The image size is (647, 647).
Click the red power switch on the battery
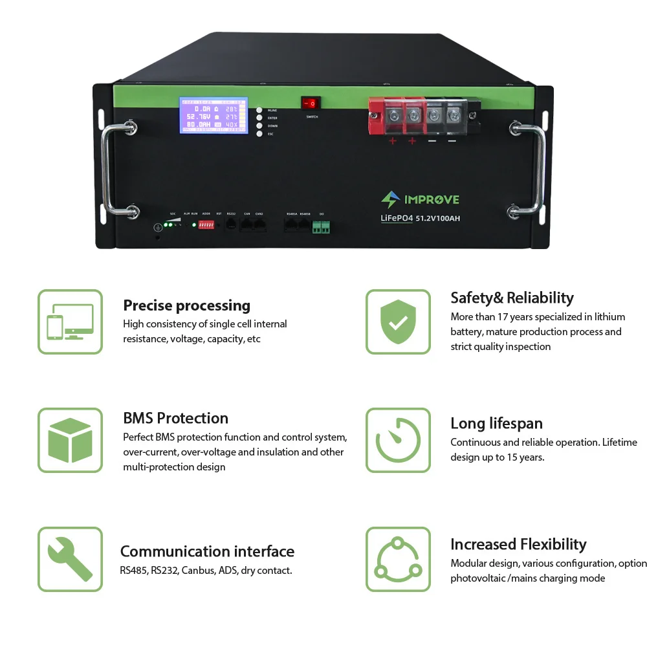click(x=311, y=104)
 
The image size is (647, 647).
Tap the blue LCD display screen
click(x=214, y=116)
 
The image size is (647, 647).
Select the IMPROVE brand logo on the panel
click(x=420, y=199)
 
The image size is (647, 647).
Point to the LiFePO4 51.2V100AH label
click(x=421, y=219)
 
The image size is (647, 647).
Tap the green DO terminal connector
click(x=322, y=226)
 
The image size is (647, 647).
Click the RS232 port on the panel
click(x=231, y=225)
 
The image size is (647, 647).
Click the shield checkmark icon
click(x=398, y=322)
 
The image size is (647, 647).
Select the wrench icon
click(x=70, y=559)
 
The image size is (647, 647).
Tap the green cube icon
click(x=70, y=440)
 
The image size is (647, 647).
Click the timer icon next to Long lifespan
click(x=398, y=440)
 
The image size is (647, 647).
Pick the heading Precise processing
click(x=186, y=305)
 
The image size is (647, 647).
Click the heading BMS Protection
click(x=175, y=418)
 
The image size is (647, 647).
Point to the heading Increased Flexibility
click(x=518, y=544)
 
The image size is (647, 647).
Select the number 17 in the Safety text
click(x=505, y=317)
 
